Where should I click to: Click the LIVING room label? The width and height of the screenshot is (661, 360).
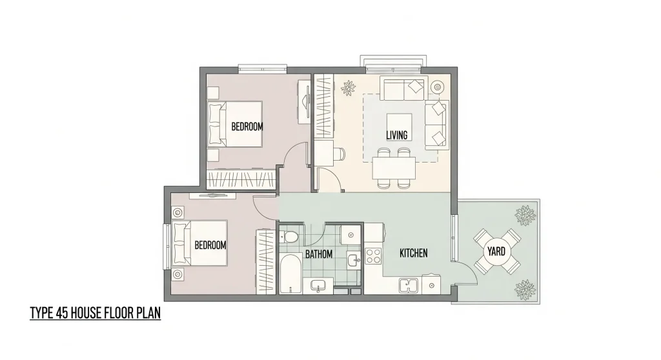[x=396, y=135]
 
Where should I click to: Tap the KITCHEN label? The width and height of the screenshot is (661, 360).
[x=413, y=253]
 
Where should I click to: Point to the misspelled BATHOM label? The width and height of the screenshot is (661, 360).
[x=319, y=254]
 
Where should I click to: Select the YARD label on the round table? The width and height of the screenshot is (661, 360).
[x=496, y=250]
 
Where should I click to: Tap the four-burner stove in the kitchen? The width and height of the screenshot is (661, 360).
[x=374, y=257]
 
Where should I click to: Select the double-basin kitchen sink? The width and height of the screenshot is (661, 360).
[x=409, y=284]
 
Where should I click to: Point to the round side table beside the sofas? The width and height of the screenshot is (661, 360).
[x=437, y=86]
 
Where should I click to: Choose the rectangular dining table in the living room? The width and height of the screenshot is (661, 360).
[x=394, y=168]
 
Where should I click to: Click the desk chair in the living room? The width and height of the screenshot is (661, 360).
[x=340, y=154]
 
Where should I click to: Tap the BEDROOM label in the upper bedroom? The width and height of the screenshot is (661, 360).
[x=247, y=126]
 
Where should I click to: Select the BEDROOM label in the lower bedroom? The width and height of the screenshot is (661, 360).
[x=210, y=245]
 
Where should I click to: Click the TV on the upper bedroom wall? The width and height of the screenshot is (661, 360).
[x=304, y=101]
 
